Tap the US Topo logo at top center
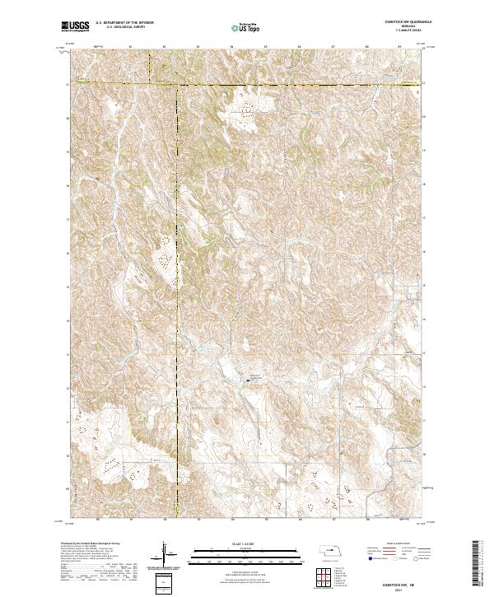coord(247,27)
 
